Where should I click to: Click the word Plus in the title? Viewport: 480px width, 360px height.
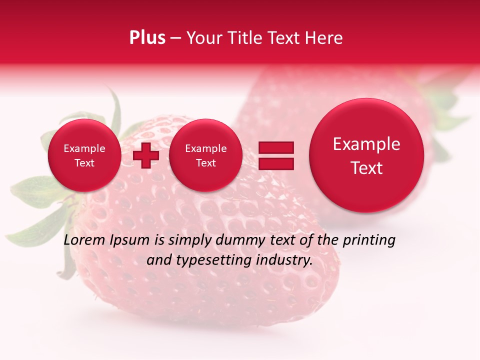click(147, 38)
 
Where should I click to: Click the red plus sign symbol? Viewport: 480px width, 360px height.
click(146, 155)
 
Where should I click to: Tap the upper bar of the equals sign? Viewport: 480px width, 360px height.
click(276, 147)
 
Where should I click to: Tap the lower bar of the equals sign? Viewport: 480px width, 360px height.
click(276, 163)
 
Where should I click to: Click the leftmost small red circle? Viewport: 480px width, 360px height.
click(84, 155)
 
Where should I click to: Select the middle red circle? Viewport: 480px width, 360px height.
click(205, 155)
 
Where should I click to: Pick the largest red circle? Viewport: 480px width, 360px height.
click(366, 155)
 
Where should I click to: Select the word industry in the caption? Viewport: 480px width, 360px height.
click(284, 260)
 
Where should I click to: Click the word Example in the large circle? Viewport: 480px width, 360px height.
click(366, 144)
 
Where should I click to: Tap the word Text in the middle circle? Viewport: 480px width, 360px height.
click(205, 163)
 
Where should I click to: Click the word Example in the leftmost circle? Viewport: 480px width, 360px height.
click(84, 148)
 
